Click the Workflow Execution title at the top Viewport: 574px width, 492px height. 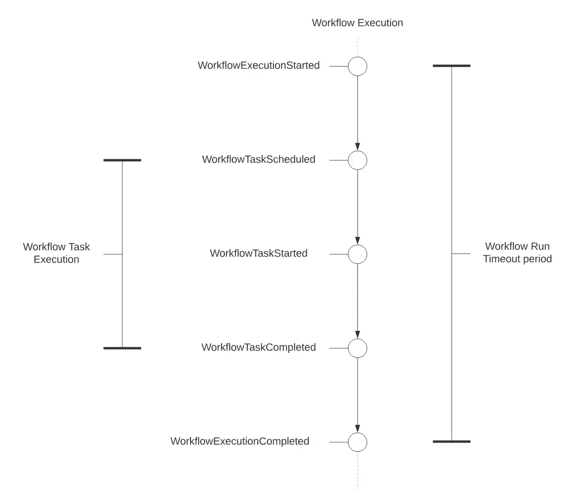(357, 23)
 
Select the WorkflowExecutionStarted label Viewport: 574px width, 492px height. (258, 65)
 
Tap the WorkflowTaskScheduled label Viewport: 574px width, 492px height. (258, 159)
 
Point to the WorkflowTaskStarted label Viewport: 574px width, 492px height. (258, 253)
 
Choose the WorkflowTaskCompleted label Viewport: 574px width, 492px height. (258, 347)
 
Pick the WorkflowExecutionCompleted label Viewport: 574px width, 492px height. (239, 441)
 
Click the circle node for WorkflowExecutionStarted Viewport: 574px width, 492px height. (358, 66)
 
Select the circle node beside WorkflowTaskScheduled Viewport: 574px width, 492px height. (358, 160)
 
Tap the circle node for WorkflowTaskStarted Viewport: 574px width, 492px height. (358, 254)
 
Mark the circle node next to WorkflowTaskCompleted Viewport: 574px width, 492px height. (358, 348)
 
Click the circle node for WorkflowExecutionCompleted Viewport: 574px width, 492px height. (358, 442)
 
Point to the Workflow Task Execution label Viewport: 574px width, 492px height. (56, 253)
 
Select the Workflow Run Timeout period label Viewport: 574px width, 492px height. (517, 252)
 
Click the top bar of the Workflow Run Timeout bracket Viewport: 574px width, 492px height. (452, 66)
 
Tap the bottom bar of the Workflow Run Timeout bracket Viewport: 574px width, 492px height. (452, 442)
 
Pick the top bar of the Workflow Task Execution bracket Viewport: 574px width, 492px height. (122, 160)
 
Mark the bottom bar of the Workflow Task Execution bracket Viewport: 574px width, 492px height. (122, 348)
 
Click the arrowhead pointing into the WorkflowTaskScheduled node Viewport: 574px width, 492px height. (358, 147)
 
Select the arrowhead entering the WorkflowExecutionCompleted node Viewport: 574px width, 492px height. (358, 429)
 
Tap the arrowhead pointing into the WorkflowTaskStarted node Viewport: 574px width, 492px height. (358, 241)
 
